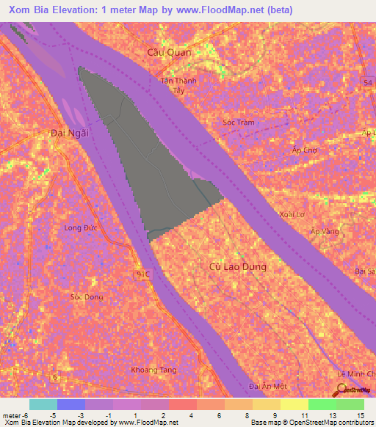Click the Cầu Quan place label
(169, 52)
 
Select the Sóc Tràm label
(238, 123)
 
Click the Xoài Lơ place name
(292, 215)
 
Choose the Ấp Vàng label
(325, 231)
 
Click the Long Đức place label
(80, 228)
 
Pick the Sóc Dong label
(86, 297)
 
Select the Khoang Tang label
(153, 370)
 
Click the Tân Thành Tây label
(179, 86)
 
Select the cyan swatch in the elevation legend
(43, 404)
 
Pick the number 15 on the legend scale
(361, 416)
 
